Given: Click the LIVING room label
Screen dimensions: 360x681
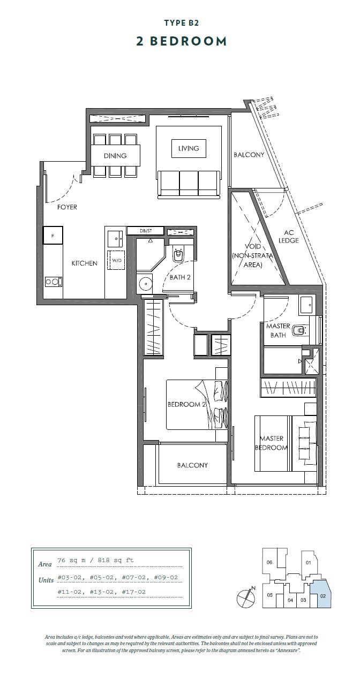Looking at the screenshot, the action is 189,148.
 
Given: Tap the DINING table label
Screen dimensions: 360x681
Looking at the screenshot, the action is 115,156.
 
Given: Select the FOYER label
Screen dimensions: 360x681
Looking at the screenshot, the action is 67,207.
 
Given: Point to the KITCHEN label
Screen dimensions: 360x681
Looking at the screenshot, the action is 84,263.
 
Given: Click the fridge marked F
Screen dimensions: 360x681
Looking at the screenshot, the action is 52,236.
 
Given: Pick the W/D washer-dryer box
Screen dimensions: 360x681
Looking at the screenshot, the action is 116,260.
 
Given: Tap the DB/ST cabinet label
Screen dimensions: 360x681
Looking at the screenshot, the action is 146,231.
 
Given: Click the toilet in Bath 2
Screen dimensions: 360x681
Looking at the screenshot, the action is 178,254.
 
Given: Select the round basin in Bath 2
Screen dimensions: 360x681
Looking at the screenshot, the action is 147,284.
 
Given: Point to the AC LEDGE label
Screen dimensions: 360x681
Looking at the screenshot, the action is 289,237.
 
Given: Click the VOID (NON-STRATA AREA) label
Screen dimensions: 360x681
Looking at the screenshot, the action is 252,256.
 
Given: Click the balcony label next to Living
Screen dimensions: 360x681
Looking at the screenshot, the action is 249,155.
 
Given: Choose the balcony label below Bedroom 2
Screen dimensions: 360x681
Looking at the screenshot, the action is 192,465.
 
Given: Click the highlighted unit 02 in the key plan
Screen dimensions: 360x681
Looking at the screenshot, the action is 323,596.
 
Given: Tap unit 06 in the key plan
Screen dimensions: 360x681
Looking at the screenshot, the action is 269,562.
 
